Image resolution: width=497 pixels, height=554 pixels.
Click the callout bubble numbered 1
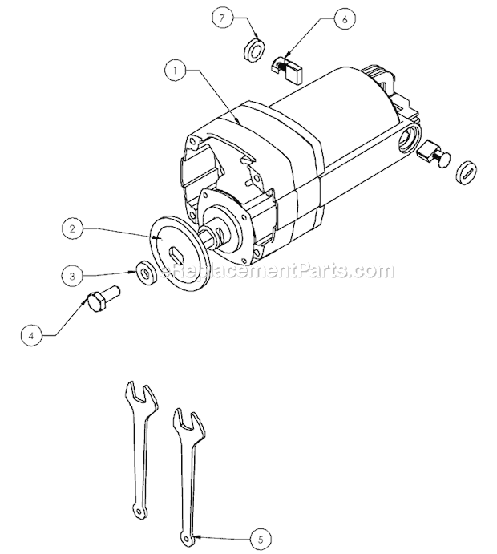coord(176,71)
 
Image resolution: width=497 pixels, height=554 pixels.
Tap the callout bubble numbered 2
coord(72,229)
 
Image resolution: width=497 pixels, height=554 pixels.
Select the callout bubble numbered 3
coord(72,276)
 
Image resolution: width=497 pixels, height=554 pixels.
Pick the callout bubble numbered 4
coord(31,336)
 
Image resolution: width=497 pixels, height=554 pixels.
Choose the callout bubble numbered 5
coord(261,540)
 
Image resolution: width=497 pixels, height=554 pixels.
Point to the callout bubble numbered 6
coord(345,19)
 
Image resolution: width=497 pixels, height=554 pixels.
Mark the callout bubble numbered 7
coord(222,18)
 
